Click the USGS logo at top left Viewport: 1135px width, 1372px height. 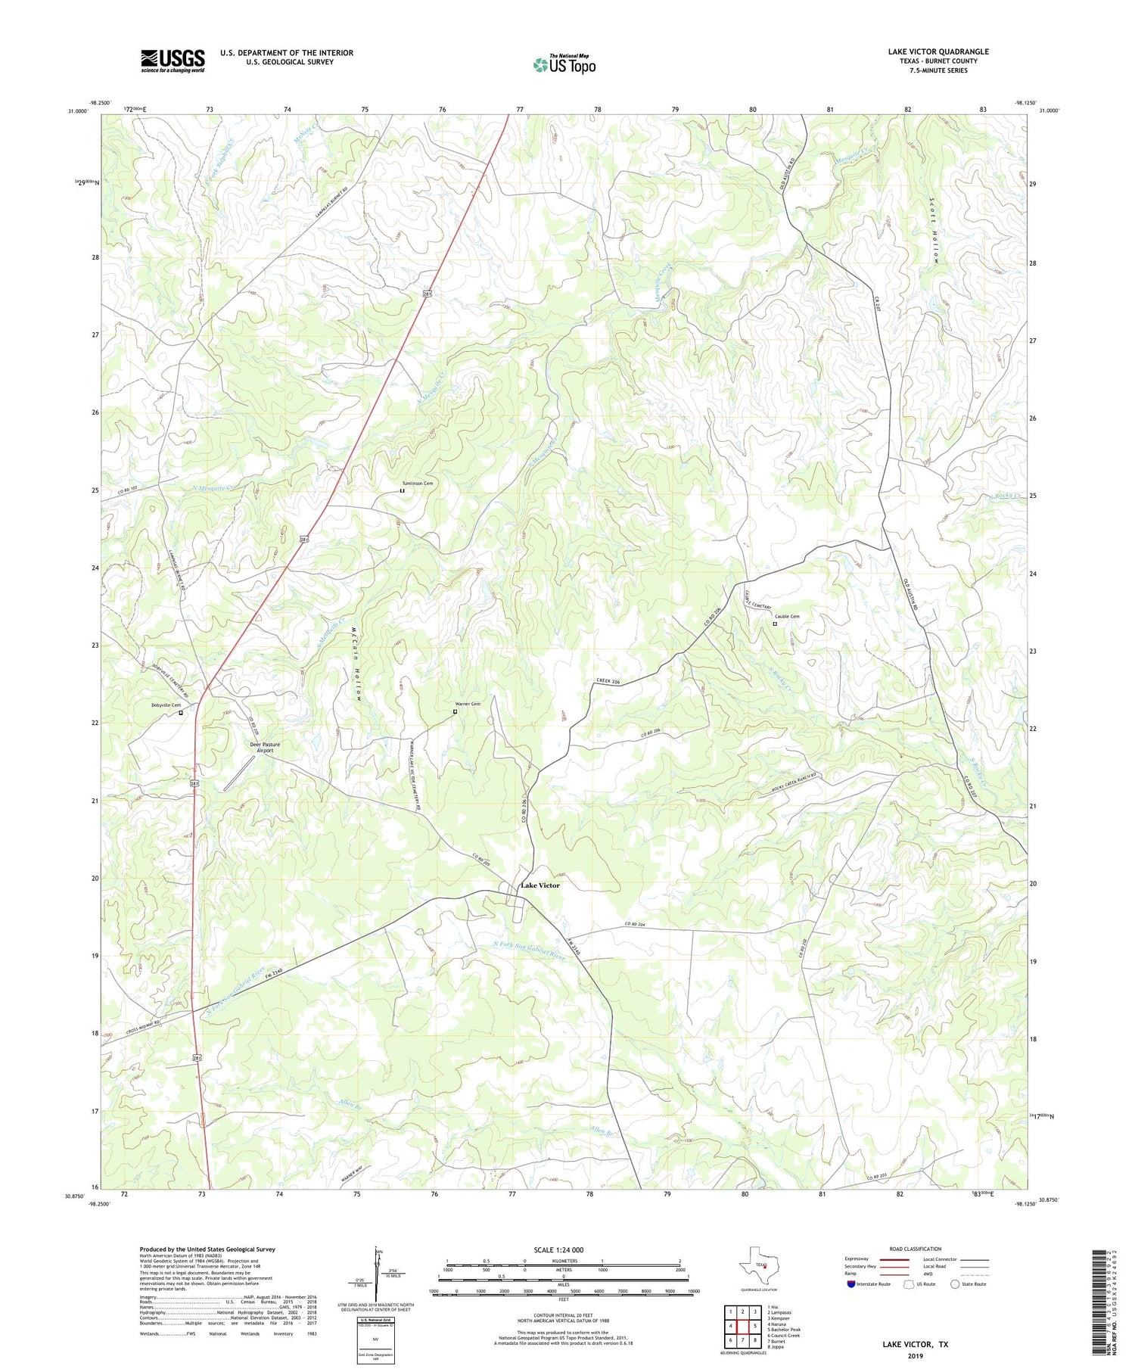coord(173,61)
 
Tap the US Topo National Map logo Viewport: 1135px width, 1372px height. coord(564,64)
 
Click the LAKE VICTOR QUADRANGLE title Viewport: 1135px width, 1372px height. coord(938,51)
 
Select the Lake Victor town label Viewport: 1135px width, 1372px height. coord(540,885)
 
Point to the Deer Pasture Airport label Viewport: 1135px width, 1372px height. coord(265,748)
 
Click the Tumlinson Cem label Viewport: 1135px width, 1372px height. coord(418,483)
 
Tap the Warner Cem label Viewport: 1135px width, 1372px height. coord(467,704)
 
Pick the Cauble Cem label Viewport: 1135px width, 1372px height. coord(787,616)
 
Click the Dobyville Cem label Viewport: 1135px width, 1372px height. coord(166,705)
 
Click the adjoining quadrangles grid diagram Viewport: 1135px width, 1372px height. coord(743,1326)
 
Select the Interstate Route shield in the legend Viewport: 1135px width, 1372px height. coord(851,1284)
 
